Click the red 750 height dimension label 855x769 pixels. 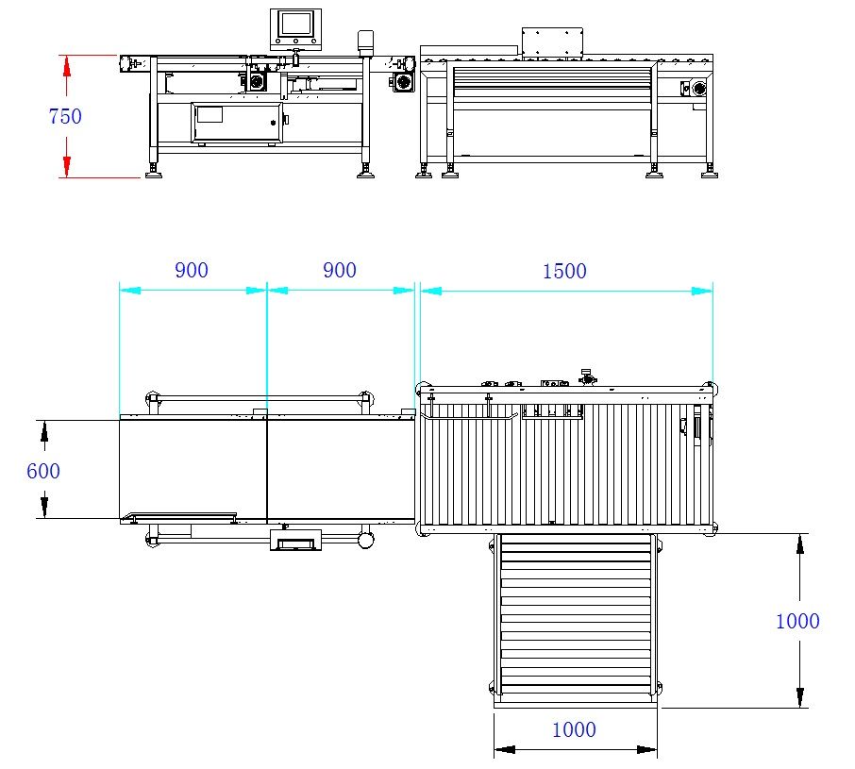coord(65,116)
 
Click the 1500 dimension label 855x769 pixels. coord(564,272)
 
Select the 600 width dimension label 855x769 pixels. coord(43,470)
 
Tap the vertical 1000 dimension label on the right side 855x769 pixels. coord(797,621)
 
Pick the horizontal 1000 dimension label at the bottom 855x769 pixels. coord(574,729)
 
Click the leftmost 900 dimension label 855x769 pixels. coord(192,270)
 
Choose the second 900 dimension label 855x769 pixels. coord(340,270)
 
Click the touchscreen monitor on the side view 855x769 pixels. coord(295,26)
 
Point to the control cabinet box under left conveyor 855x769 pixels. coord(237,123)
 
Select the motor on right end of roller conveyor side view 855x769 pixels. coord(697,89)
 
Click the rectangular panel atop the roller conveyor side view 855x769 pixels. coord(552,42)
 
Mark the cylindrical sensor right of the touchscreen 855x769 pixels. coord(364,41)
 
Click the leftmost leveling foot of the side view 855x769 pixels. coord(151,172)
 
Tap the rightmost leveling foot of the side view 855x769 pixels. coord(710,171)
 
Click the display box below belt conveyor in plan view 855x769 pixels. coord(295,541)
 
